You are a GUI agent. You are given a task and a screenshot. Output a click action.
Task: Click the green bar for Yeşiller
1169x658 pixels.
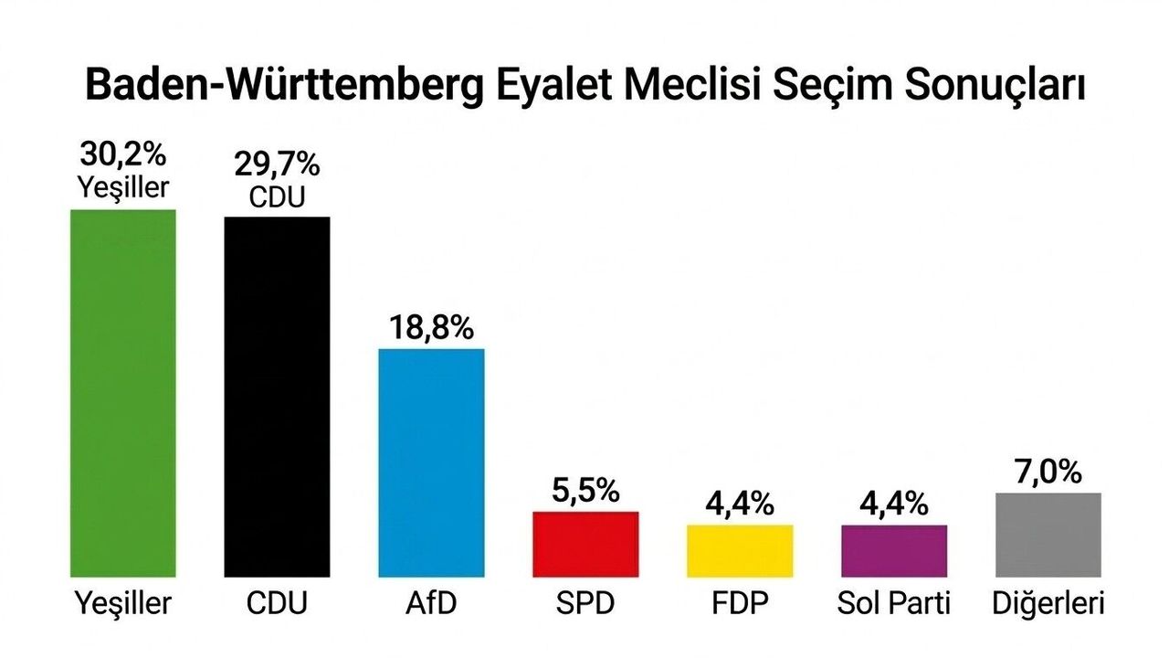point(122,393)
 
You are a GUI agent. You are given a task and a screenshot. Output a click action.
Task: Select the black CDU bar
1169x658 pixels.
point(277,397)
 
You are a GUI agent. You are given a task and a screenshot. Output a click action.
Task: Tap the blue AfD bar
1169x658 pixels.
point(431,462)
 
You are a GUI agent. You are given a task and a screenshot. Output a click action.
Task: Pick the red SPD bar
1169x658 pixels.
point(585,544)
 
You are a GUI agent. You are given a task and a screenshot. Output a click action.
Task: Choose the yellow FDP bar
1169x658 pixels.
point(740,550)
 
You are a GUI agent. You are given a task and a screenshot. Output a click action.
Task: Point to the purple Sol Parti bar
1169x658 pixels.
point(894,550)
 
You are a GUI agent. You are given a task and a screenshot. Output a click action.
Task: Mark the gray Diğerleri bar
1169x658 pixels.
point(1048,535)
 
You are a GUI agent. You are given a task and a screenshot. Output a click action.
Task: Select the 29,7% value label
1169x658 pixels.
point(277,164)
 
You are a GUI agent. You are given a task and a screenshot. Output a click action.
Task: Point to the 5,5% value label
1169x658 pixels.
point(585,492)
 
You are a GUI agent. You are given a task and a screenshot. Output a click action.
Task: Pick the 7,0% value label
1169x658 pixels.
point(1048,472)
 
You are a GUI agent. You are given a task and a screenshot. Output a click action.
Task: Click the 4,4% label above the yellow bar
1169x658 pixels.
point(740,504)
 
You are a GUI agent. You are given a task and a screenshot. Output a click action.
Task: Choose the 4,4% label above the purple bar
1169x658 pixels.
point(894,504)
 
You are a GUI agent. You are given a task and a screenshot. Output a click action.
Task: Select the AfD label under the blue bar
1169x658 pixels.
point(431,603)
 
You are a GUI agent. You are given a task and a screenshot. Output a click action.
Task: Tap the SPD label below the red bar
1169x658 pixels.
point(585,603)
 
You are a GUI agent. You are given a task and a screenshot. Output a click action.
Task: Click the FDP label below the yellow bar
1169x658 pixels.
point(740,603)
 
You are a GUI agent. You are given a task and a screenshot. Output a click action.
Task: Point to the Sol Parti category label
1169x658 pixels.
point(894,603)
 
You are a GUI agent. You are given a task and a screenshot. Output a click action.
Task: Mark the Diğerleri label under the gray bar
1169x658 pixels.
point(1048,603)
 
